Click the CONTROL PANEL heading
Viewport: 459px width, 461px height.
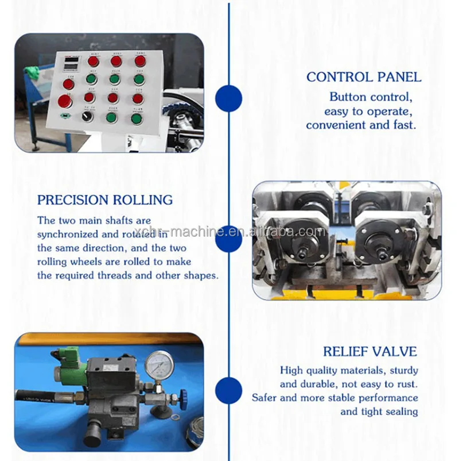[364, 77]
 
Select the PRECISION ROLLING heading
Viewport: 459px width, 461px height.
[105, 200]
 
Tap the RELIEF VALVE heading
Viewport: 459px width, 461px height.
[370, 352]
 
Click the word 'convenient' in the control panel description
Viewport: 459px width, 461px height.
[331, 125]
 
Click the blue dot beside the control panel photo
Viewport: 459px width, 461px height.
[228, 98]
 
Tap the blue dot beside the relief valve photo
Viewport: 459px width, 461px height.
[228, 390]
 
